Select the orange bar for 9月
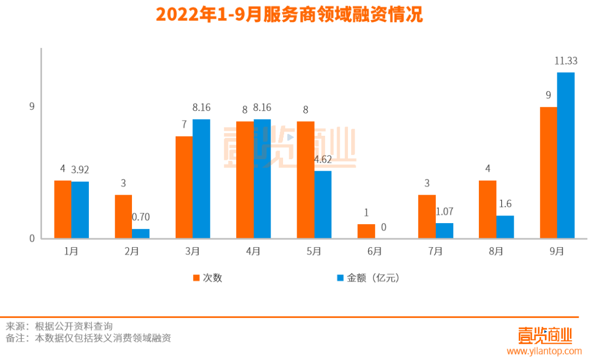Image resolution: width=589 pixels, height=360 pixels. pyautogui.click(x=548, y=172)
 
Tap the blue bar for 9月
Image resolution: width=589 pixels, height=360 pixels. pyautogui.click(x=566, y=155)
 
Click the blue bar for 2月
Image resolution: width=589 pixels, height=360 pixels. pyautogui.click(x=141, y=233)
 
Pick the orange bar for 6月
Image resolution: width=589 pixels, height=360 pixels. pyautogui.click(x=366, y=231)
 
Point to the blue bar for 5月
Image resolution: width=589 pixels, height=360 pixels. pyautogui.click(x=323, y=205)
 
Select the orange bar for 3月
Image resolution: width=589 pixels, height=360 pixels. pyautogui.click(x=184, y=187)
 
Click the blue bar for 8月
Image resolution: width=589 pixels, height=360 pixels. pyautogui.click(x=505, y=227)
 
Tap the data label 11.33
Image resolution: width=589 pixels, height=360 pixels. pyautogui.click(x=566, y=62)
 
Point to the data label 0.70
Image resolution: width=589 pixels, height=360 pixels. pyautogui.click(x=141, y=217)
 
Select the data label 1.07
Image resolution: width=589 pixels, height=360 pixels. pyautogui.click(x=444, y=212)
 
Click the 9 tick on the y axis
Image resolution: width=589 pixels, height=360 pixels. pyautogui.click(x=32, y=106)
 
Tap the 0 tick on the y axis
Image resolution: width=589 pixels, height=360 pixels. pyautogui.click(x=32, y=238)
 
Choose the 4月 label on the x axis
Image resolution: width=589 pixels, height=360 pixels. pyautogui.click(x=253, y=251)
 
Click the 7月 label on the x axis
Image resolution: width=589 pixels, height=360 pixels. pyautogui.click(x=435, y=251)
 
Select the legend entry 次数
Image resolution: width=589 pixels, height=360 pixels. pyautogui.click(x=208, y=278)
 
